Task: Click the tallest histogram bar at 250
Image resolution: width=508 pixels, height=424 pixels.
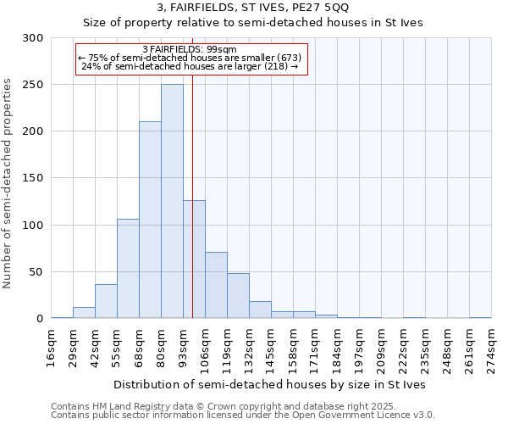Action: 172,201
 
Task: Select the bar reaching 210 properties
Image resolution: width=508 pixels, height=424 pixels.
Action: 150,220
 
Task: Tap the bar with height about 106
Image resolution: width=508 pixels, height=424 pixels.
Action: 128,268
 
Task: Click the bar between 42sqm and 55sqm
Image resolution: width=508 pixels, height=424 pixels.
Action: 106,301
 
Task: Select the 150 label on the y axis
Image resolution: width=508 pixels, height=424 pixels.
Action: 32,179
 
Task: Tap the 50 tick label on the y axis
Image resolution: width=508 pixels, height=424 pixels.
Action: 36,272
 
